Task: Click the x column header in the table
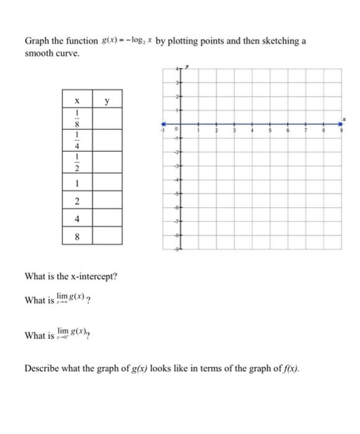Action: pos(77,99)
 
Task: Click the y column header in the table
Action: pos(107,99)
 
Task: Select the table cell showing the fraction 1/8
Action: pos(77,118)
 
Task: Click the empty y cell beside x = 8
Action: pos(107,236)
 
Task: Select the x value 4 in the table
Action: pos(77,218)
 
